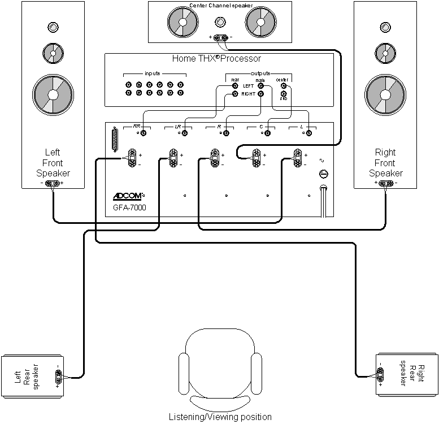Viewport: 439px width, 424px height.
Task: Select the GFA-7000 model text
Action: coord(129,207)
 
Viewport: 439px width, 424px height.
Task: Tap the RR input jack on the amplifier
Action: coord(144,133)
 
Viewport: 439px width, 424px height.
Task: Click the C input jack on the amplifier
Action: coord(267,133)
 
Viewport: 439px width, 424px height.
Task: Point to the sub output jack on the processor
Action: coord(284,94)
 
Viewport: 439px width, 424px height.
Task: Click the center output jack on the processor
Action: coord(284,86)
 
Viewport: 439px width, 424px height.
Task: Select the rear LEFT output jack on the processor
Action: coord(236,86)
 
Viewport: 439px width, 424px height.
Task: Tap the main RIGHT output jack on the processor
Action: coord(260,94)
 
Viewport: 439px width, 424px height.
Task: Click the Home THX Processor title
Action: coord(216,58)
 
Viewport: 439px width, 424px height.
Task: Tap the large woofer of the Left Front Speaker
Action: coord(53,93)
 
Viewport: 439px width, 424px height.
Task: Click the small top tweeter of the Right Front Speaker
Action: coord(386,27)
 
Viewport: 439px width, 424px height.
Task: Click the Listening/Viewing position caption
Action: coord(220,417)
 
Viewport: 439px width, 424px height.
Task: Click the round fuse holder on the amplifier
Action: coord(323,174)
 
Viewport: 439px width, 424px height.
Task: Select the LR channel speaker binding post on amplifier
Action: coord(173,157)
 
